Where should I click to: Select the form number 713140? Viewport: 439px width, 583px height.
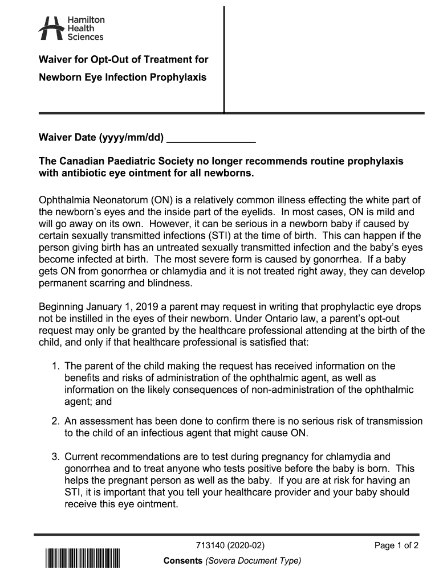point(210,545)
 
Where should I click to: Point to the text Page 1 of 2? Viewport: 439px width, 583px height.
point(396,545)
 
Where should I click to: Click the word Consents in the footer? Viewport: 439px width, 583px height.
point(182,561)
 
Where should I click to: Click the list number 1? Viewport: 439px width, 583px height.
point(55,366)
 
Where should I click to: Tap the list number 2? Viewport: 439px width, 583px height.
point(55,421)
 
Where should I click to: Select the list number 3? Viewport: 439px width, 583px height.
point(55,457)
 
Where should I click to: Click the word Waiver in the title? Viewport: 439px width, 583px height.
point(54,60)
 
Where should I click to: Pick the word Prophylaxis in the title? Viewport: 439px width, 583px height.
point(178,77)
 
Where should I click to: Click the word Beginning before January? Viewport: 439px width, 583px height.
point(61,308)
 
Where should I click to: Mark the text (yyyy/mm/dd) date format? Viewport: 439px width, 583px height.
point(132,138)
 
